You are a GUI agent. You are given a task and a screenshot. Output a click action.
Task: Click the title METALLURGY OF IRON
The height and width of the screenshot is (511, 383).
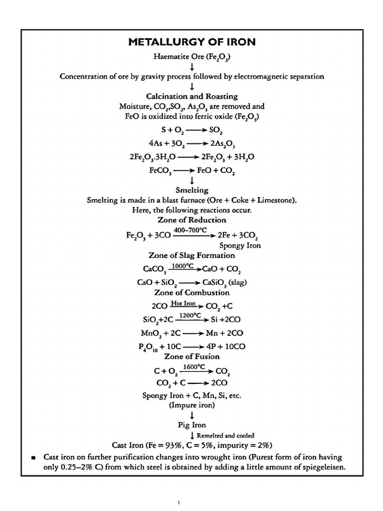click(x=192, y=42)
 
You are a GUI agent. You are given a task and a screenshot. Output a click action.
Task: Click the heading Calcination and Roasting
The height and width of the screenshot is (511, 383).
click(x=192, y=96)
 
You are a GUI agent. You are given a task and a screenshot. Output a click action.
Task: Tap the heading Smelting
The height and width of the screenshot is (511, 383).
click(x=192, y=190)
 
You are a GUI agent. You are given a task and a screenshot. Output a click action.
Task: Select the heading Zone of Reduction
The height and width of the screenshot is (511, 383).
click(x=192, y=220)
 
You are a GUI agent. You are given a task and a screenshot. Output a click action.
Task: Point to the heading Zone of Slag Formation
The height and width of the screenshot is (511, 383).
click(x=192, y=255)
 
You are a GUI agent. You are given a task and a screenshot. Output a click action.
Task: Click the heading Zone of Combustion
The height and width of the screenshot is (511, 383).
click(x=192, y=292)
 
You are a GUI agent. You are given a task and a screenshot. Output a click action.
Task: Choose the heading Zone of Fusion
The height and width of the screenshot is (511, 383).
click(x=192, y=356)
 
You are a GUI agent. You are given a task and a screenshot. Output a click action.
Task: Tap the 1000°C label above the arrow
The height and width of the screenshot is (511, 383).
click(x=182, y=266)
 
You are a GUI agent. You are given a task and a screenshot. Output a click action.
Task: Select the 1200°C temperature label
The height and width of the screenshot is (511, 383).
click(x=190, y=315)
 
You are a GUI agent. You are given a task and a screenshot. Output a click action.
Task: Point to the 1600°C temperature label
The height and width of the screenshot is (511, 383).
click(x=194, y=367)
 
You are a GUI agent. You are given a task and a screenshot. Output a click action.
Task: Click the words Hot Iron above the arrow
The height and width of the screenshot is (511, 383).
click(x=183, y=303)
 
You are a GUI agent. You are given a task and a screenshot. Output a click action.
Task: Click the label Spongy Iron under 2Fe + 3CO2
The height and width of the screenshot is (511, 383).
click(x=240, y=246)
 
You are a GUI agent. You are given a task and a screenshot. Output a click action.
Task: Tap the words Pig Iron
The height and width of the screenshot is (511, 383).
click(x=192, y=426)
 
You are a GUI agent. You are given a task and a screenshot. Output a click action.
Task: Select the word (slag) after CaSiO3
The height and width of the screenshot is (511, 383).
click(x=236, y=282)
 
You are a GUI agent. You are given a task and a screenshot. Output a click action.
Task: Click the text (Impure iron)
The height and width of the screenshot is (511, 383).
click(x=192, y=405)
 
